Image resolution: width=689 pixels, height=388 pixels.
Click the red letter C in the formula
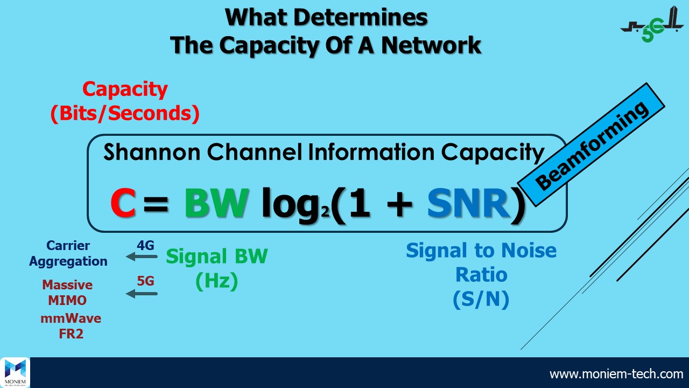click(x=123, y=203)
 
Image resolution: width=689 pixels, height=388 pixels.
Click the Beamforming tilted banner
click(x=592, y=145)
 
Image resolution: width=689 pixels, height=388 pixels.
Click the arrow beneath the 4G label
click(x=142, y=257)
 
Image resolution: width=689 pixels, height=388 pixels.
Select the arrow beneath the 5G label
click(x=142, y=294)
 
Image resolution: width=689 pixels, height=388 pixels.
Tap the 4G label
click(x=145, y=246)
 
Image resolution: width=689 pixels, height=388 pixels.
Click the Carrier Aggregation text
click(x=68, y=254)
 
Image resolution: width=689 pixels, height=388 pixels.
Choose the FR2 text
click(x=71, y=334)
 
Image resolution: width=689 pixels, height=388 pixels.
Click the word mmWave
click(x=71, y=318)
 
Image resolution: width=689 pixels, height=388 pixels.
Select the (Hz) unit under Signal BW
click(x=216, y=281)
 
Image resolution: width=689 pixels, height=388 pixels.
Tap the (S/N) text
click(x=481, y=300)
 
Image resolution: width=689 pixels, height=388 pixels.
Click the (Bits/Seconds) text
click(x=125, y=113)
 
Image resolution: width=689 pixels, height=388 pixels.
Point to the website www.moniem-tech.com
click(x=616, y=373)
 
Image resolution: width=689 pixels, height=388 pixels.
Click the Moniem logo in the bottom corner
click(x=15, y=372)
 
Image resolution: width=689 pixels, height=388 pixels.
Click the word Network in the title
click(x=431, y=45)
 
